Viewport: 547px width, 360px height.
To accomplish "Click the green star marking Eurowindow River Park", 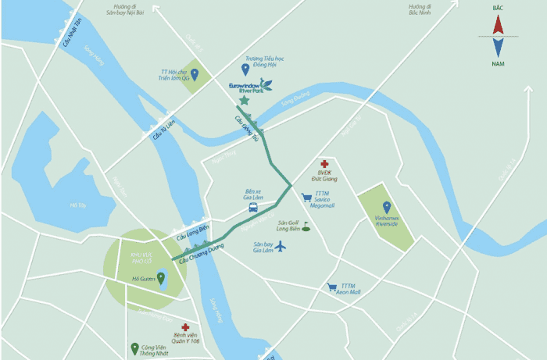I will click(245, 101).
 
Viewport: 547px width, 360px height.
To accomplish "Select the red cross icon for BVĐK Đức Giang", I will click(324, 165).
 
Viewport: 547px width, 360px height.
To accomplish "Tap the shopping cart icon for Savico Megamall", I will click(306, 198).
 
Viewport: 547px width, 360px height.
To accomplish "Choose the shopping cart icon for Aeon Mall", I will click(332, 287).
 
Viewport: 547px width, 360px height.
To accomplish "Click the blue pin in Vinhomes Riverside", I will click(386, 206).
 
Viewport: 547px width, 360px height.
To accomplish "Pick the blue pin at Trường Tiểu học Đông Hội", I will click(245, 69).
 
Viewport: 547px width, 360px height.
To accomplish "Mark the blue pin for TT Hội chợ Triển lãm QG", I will click(195, 74).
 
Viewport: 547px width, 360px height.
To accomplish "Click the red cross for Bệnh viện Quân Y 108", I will click(185, 328).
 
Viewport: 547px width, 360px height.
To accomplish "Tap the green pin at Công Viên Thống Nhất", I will click(134, 349).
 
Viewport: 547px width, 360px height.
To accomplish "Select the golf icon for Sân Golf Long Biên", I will click(306, 228).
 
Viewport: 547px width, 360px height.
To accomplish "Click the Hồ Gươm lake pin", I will click(162, 278).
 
